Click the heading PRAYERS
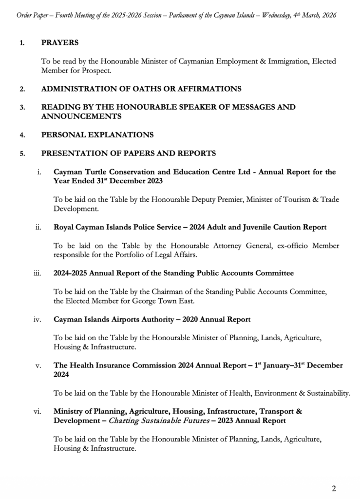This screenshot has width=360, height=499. click(x=60, y=43)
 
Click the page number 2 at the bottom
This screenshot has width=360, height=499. click(x=334, y=488)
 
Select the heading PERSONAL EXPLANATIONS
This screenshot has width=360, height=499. click(x=97, y=134)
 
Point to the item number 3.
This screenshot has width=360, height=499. click(x=22, y=107)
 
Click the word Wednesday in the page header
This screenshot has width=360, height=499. click(x=271, y=16)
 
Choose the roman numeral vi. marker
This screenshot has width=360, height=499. click(x=38, y=411)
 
